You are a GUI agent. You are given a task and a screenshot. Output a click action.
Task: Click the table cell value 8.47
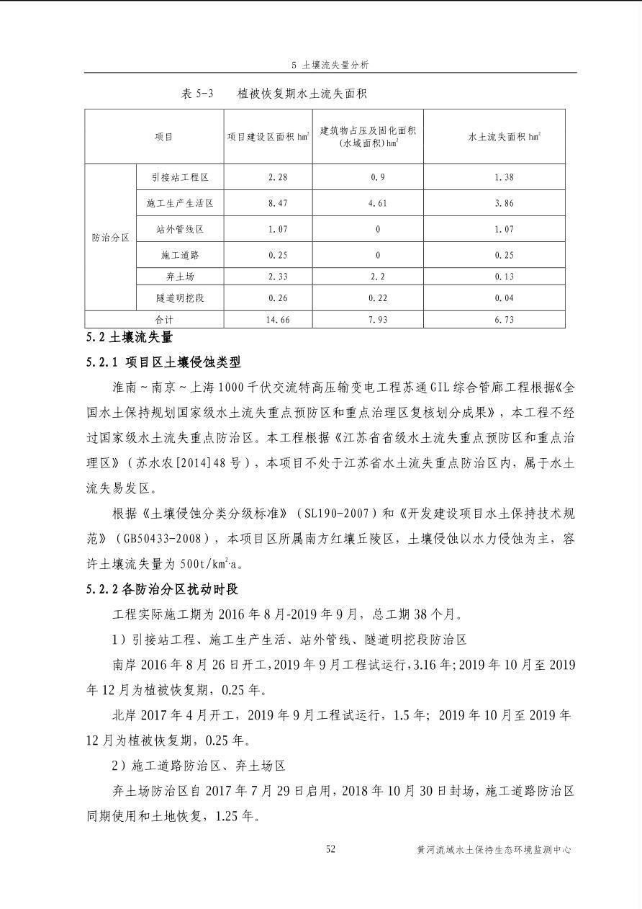277,204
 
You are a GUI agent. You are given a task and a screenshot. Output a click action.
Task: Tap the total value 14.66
277,320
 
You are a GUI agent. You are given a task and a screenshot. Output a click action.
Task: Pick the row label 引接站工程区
179,177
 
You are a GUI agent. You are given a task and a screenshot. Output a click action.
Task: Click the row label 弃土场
179,277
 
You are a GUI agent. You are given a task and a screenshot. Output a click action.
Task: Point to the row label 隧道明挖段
179,298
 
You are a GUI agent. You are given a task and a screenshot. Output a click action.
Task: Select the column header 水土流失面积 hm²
504,136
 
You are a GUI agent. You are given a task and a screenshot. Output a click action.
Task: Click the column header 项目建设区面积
268,136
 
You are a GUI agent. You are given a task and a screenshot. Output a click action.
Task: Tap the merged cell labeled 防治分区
110,238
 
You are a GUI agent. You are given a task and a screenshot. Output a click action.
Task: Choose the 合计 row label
164,320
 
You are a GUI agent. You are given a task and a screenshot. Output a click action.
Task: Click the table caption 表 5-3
198,94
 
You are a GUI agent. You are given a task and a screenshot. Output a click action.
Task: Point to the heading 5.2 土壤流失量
130,337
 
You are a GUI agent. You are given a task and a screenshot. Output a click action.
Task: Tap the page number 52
330,849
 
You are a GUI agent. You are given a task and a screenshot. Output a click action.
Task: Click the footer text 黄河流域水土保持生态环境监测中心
493,850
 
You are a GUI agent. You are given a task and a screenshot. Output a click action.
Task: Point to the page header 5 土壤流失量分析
330,65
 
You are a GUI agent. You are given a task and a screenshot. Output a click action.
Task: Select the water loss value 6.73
504,320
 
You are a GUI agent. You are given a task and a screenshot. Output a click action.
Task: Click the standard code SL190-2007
336,514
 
